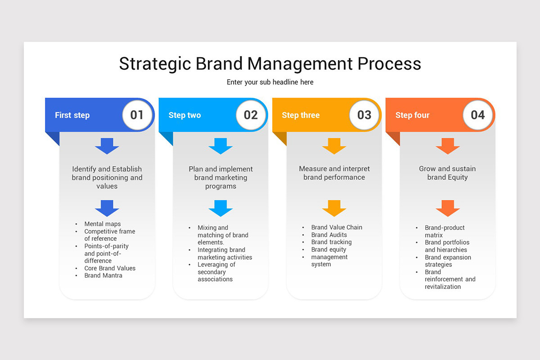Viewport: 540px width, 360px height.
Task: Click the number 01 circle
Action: (x=137, y=115)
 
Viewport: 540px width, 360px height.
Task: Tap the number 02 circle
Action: (x=251, y=115)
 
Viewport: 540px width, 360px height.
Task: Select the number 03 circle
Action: (x=364, y=115)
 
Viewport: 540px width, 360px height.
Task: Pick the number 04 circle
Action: (x=477, y=115)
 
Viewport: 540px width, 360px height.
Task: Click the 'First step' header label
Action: (x=72, y=115)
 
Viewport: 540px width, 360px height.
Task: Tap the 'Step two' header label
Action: (x=184, y=115)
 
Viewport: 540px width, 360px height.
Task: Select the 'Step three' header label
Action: (x=301, y=115)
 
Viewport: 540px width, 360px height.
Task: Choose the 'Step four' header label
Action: (x=412, y=115)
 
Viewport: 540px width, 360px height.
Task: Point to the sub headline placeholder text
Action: (x=270, y=82)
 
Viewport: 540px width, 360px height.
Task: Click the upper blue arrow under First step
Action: (x=107, y=146)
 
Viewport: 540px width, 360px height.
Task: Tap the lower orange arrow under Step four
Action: (x=448, y=208)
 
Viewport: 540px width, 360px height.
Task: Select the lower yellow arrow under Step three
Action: (x=334, y=208)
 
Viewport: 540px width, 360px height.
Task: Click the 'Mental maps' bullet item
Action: (x=103, y=224)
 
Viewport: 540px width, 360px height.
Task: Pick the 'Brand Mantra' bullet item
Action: (x=103, y=275)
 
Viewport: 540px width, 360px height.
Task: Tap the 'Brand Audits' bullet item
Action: (x=329, y=235)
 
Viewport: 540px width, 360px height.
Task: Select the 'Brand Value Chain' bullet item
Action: (x=337, y=227)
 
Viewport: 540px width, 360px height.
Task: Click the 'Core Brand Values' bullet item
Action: (x=110, y=268)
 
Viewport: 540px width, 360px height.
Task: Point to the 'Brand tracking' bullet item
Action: (x=331, y=242)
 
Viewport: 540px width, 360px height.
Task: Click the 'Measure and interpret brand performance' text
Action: (x=334, y=173)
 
